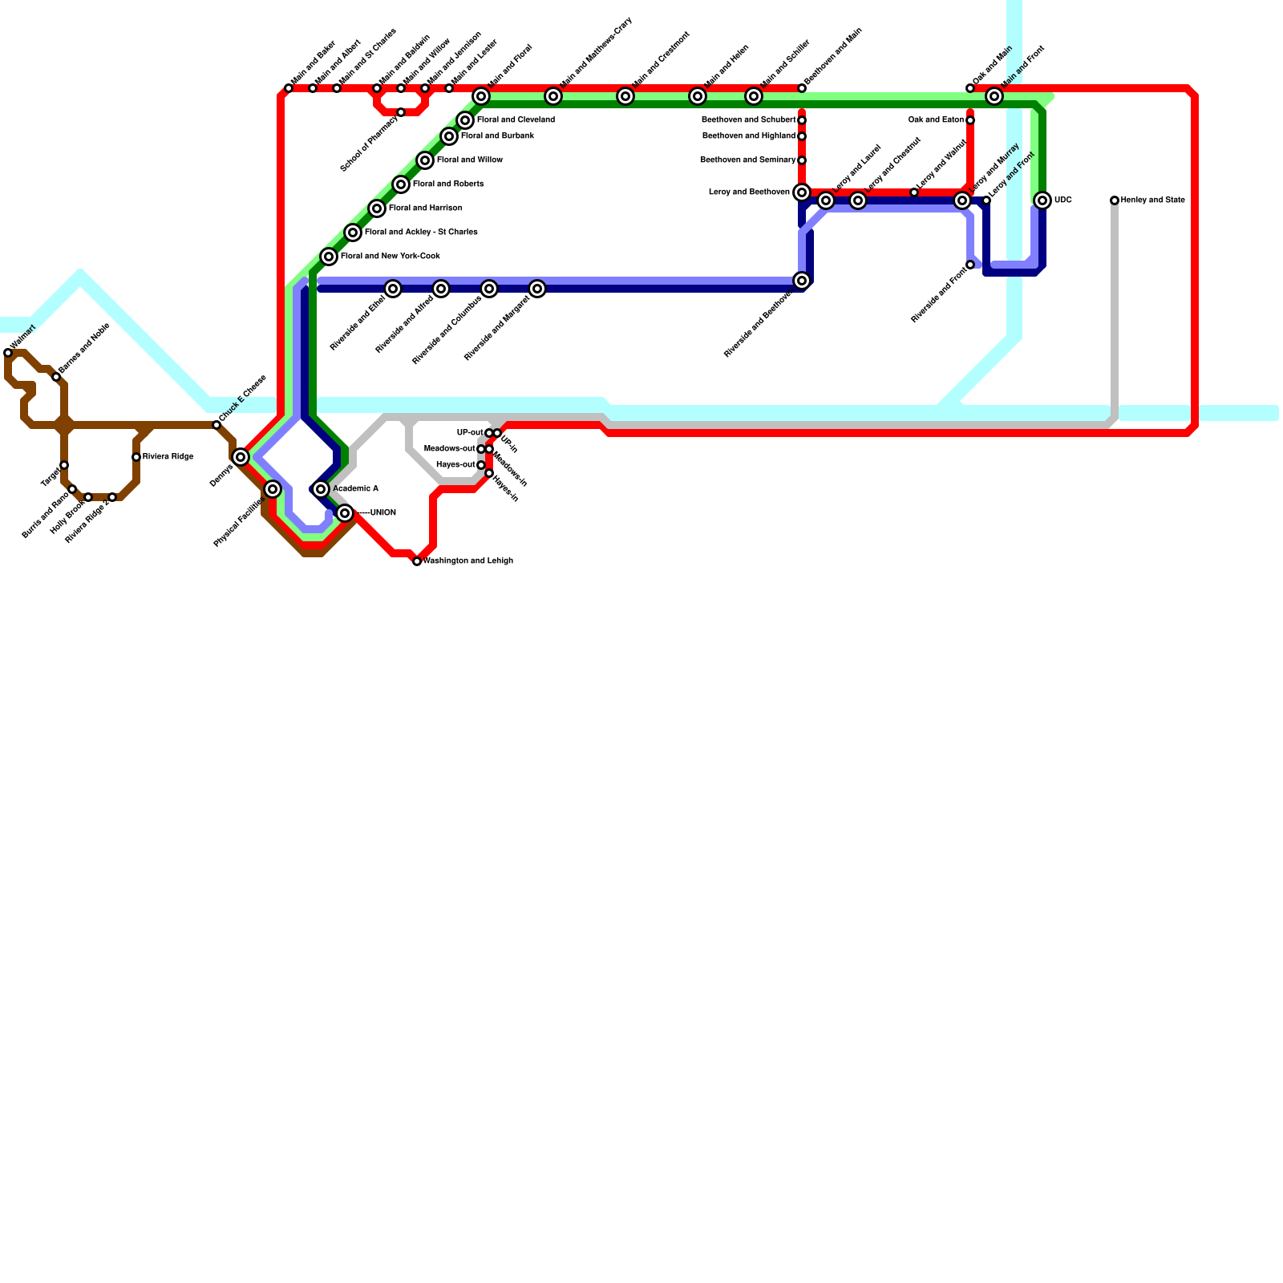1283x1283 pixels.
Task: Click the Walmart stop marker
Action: [x=8, y=353]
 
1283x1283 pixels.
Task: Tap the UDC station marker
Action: [x=1042, y=200]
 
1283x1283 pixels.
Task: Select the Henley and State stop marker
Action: [x=1115, y=200]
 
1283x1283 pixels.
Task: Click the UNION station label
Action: [x=382, y=513]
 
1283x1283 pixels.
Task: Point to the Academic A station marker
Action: [x=321, y=489]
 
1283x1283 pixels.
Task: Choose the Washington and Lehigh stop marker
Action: [x=417, y=561]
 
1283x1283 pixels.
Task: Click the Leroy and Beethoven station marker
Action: [x=802, y=192]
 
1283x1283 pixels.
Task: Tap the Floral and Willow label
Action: [x=469, y=160]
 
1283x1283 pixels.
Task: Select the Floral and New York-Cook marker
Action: [x=329, y=257]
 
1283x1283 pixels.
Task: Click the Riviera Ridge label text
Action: [x=168, y=457]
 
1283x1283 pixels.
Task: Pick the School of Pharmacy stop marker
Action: [x=401, y=112]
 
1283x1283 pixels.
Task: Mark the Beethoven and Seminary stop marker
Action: [x=802, y=160]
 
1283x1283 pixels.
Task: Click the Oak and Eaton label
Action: [x=936, y=120]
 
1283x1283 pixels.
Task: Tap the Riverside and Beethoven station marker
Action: [x=802, y=281]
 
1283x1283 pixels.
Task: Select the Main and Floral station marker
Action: [x=481, y=96]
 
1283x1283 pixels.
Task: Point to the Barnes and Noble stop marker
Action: [x=56, y=377]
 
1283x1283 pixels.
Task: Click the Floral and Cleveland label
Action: [x=516, y=120]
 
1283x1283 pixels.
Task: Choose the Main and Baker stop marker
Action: [x=289, y=88]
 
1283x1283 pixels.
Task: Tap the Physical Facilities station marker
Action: [x=273, y=489]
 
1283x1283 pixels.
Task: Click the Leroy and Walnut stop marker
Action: [x=914, y=192]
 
